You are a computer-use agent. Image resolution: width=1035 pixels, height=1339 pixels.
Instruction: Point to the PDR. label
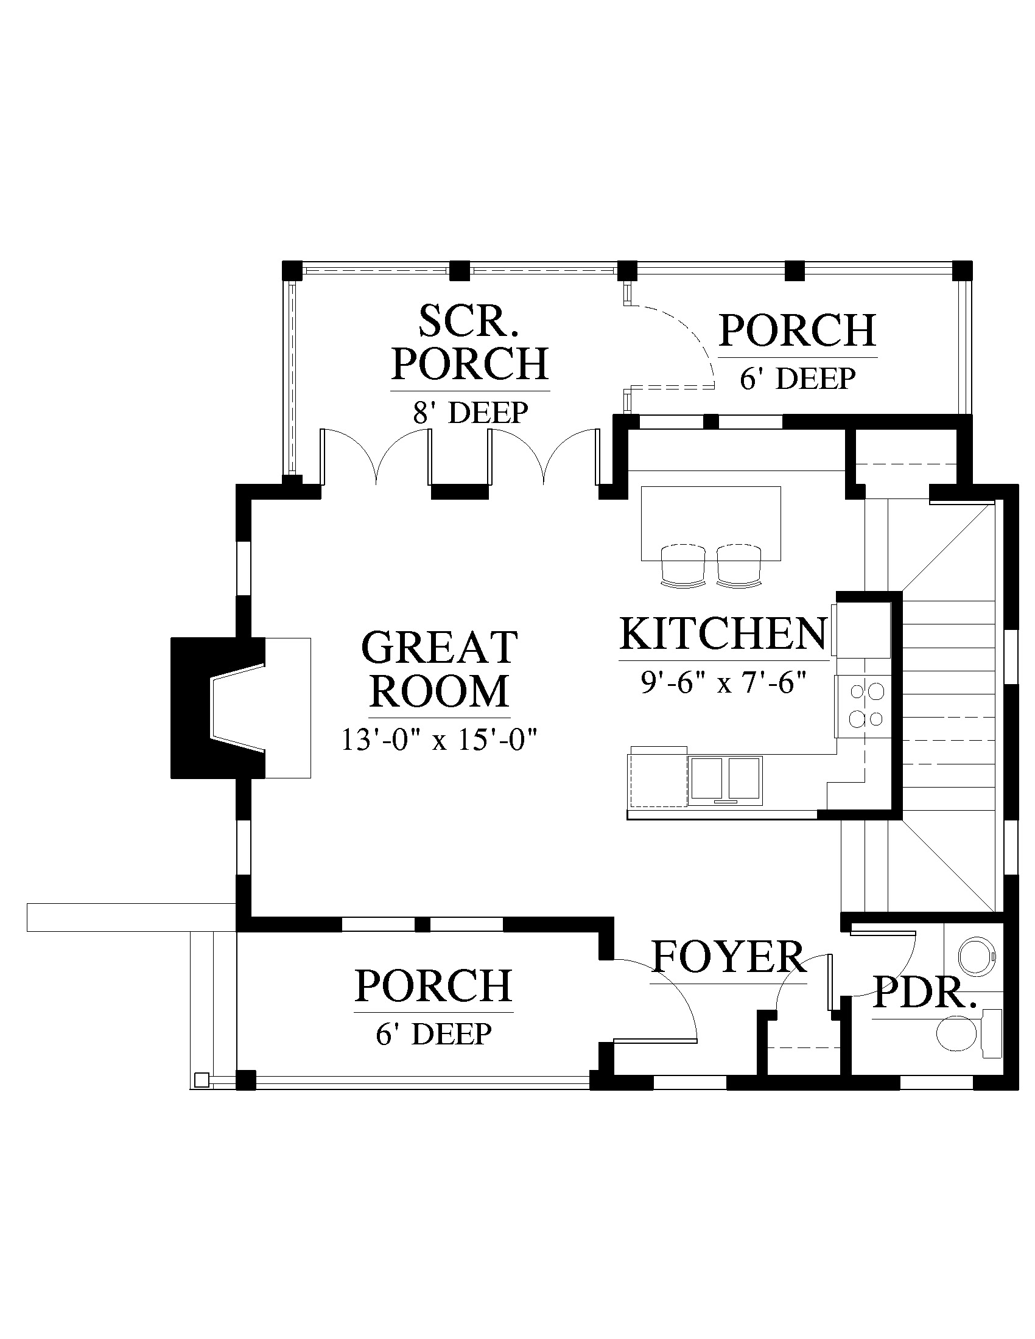pyautogui.click(x=925, y=1010)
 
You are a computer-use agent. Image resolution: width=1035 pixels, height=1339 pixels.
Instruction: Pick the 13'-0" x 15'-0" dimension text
pyautogui.click(x=440, y=741)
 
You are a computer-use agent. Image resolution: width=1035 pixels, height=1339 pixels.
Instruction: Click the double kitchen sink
pyautogui.click(x=725, y=780)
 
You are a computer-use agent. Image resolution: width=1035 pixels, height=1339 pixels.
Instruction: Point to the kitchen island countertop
pyautogui.click(x=710, y=523)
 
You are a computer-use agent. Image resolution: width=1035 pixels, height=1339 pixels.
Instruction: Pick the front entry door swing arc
pyautogui.click(x=671, y=984)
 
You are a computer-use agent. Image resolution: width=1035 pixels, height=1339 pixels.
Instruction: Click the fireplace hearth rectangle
pyautogui.click(x=287, y=708)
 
